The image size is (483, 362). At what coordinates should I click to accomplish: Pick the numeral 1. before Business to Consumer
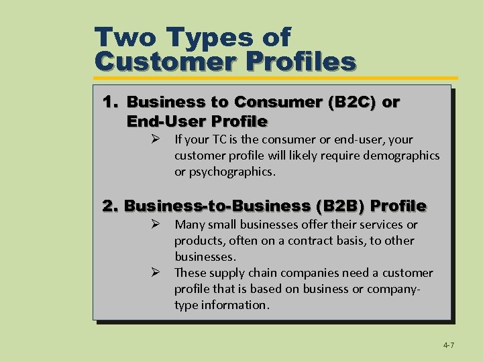(x=111, y=103)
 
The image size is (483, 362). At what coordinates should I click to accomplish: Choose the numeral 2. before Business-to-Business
(x=111, y=205)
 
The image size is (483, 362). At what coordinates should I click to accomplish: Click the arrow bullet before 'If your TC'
(x=154, y=139)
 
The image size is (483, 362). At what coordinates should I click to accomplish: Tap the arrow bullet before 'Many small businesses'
(x=154, y=225)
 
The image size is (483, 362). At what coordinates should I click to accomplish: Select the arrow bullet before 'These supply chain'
(x=154, y=273)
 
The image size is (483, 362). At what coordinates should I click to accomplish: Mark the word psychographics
(x=234, y=172)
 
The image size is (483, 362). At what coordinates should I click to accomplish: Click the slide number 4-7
(x=448, y=345)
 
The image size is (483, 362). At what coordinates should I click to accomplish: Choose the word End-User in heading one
(x=165, y=121)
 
